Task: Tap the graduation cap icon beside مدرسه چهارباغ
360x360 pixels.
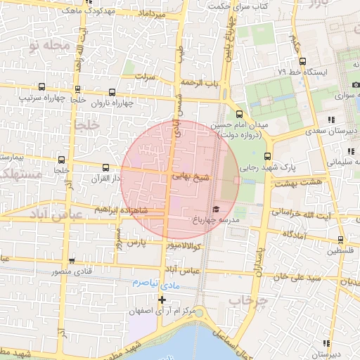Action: [216, 210]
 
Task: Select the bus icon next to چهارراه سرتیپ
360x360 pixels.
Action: [42, 87]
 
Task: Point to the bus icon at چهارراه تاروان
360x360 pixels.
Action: [112, 92]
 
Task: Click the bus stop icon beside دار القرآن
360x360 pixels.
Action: [105, 167]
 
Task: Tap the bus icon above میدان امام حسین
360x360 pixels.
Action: [239, 114]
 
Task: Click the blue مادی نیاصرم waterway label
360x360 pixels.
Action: [150, 282]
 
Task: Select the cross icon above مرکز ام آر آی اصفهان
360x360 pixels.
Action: [162, 300]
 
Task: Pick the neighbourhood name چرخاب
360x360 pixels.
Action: [248, 300]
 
